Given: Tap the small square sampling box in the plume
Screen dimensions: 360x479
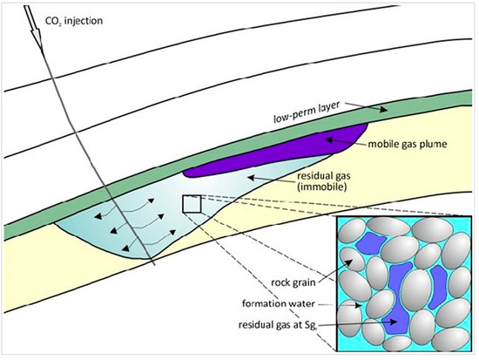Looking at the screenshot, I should click(192, 204).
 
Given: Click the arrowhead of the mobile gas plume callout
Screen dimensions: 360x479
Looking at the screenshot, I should click(327, 137).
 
